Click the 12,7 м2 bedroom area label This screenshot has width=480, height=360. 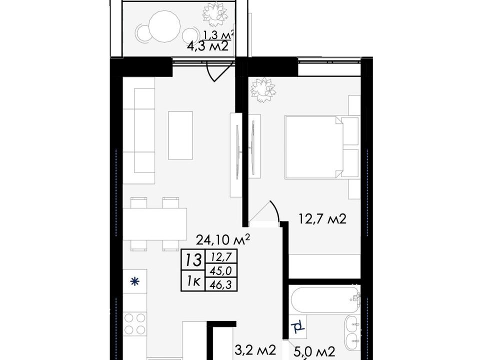(322, 219)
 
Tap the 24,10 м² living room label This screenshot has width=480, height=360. (223, 239)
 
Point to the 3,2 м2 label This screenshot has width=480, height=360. (256, 350)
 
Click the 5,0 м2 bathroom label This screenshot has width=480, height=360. (315, 351)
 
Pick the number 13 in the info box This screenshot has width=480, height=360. (192, 260)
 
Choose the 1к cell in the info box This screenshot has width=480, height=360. (193, 280)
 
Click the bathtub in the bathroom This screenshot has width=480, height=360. (325, 299)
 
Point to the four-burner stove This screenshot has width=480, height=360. (135, 323)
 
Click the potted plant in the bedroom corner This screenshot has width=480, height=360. (263, 89)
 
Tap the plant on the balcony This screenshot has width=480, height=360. (215, 14)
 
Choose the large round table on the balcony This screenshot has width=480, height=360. (164, 26)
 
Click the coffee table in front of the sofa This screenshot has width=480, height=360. (180, 135)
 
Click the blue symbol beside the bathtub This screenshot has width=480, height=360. (298, 327)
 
